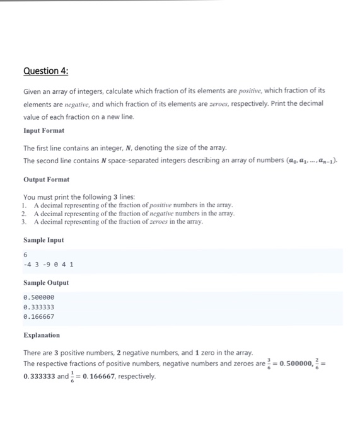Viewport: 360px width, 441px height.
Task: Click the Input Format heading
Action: (x=44, y=131)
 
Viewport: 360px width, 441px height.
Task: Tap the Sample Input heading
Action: (x=44, y=240)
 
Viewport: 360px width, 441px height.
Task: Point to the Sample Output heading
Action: (x=46, y=283)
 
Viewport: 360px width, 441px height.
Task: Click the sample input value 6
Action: (x=25, y=254)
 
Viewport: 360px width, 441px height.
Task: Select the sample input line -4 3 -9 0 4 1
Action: (x=48, y=265)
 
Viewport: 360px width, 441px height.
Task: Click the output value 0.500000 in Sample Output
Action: (x=38, y=297)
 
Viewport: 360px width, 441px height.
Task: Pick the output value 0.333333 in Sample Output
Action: (x=38, y=307)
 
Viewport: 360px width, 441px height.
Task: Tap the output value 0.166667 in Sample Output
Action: (x=38, y=317)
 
